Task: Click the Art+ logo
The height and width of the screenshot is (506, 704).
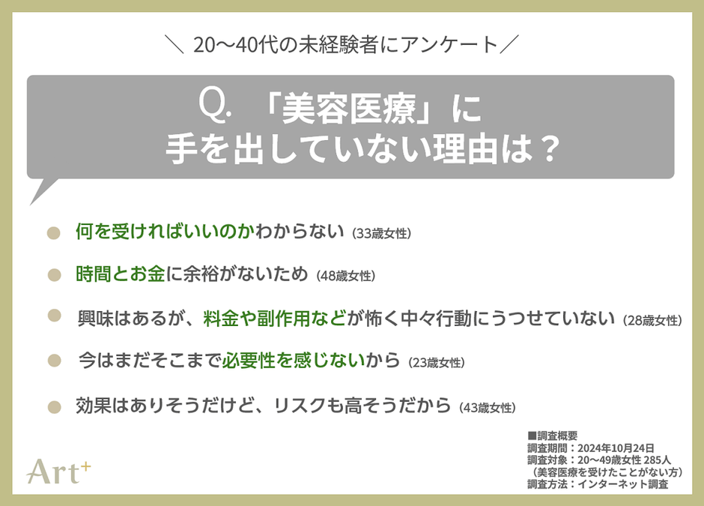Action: coord(58,469)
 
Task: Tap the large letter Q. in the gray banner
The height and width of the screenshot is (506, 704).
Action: coord(215,108)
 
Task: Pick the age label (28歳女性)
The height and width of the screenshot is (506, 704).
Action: coord(652,320)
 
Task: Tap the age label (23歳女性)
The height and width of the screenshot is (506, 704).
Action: coord(437,363)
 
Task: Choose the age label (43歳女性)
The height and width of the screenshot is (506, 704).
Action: coord(487,408)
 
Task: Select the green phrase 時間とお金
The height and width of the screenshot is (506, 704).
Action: coord(120,274)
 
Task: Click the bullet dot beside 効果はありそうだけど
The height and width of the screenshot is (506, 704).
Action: coord(53,407)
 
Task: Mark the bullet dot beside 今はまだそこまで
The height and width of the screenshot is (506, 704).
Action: coord(53,361)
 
